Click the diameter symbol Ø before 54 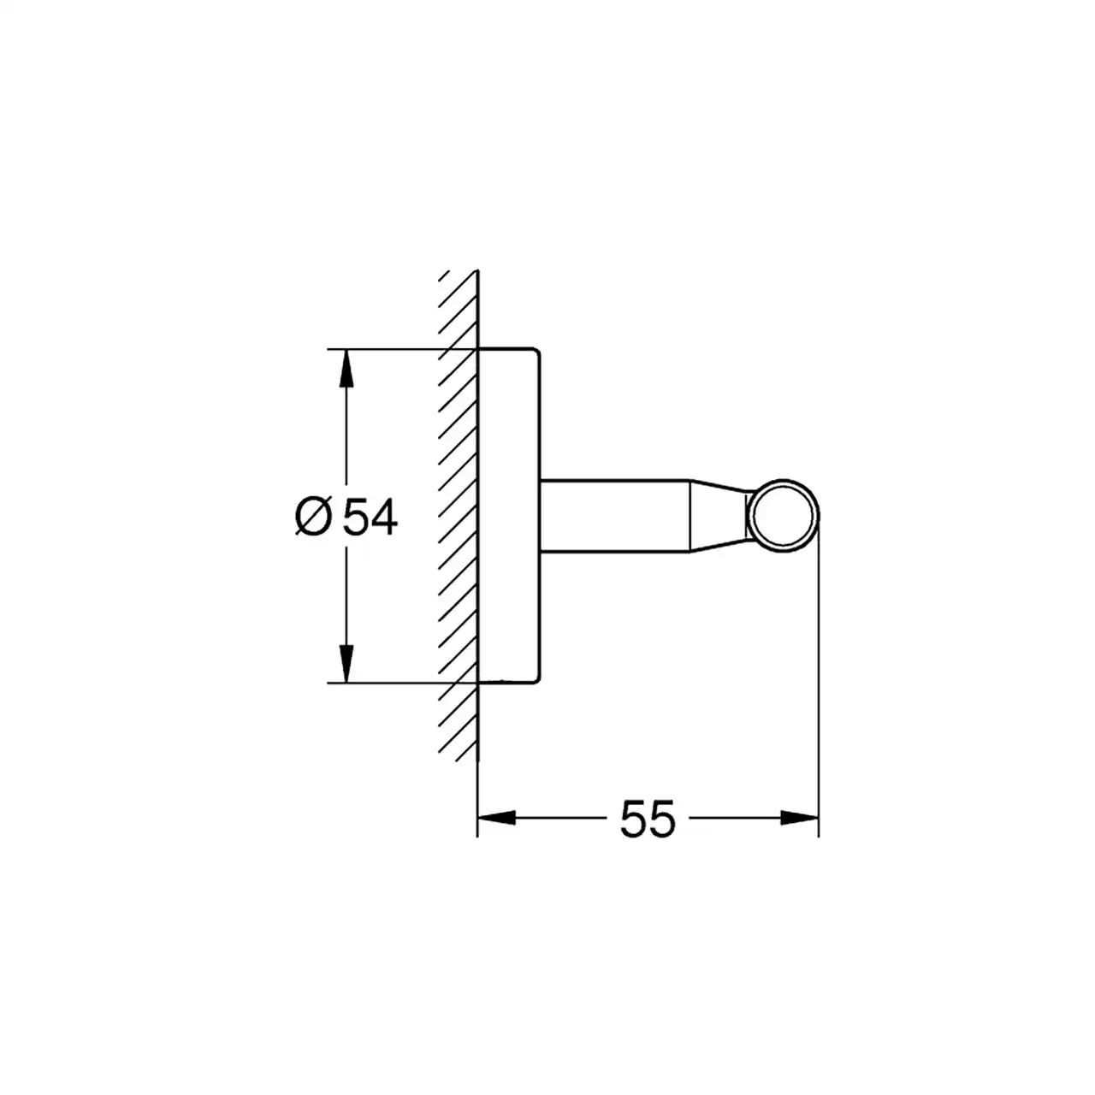point(313,517)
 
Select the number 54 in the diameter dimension point(370,517)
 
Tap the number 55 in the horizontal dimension point(648,819)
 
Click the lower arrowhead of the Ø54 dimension point(346,663)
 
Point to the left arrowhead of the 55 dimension point(497,819)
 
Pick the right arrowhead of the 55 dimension point(800,819)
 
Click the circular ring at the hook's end point(784,482)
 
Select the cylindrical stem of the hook point(615,516)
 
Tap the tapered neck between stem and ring point(719,516)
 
